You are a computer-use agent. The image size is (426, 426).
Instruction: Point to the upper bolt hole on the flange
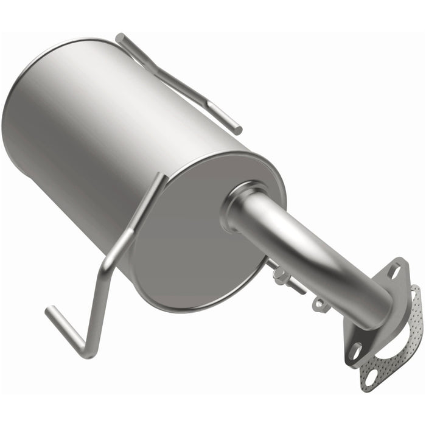[395, 271]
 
